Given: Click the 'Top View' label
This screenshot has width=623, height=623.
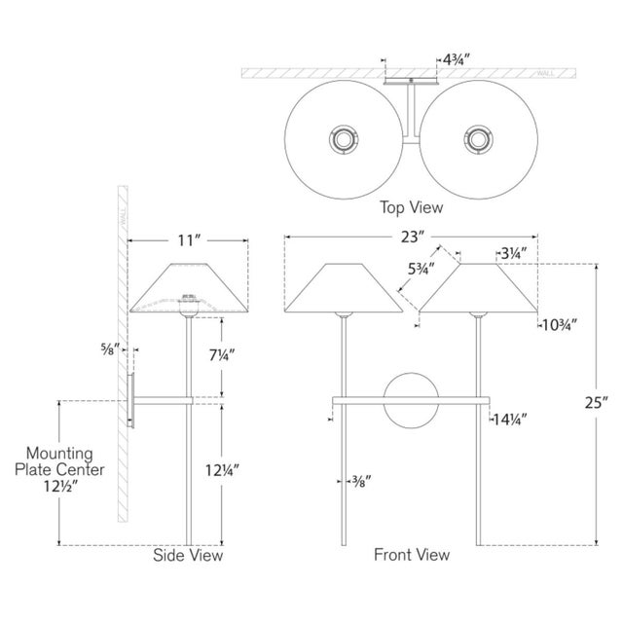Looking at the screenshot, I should [411, 207].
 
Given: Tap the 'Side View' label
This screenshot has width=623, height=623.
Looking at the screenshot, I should [188, 556].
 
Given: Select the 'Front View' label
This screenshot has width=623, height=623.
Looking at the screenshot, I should [412, 555].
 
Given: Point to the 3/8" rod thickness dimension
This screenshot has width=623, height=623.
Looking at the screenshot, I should [362, 479].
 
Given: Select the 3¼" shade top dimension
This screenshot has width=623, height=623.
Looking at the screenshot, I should [513, 253].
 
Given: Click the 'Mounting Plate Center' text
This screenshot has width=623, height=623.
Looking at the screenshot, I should [59, 461].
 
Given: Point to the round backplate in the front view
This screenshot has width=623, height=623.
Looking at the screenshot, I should [410, 399].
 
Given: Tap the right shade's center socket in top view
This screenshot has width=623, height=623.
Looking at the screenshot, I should [479, 140].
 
